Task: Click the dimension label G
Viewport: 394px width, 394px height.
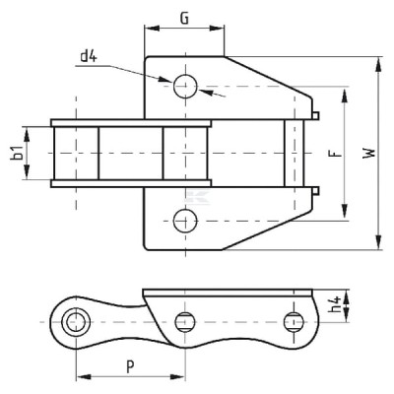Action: click(x=185, y=19)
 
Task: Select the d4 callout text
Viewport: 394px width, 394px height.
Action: click(x=89, y=56)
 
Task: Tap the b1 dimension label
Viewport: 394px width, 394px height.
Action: click(x=18, y=154)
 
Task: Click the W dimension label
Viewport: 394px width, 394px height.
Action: click(x=368, y=154)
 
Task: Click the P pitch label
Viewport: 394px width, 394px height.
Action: click(x=130, y=366)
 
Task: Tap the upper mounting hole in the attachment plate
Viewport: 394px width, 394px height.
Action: click(x=185, y=87)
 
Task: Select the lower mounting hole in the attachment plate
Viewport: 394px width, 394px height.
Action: click(x=185, y=221)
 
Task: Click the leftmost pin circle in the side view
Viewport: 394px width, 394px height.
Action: click(x=76, y=322)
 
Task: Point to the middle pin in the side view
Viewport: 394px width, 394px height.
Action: click(x=185, y=322)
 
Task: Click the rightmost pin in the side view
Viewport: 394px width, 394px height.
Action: click(x=294, y=322)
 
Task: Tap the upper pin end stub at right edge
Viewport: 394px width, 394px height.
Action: click(x=315, y=115)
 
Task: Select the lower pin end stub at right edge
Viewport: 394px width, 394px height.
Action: click(x=315, y=191)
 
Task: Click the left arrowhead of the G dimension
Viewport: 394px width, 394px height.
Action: click(x=152, y=29)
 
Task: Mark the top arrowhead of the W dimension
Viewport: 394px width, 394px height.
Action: click(x=378, y=64)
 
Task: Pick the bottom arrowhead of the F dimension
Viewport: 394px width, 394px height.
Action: click(x=345, y=211)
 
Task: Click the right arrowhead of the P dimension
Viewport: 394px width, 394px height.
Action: click(x=176, y=376)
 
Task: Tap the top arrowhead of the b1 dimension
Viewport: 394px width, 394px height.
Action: click(x=27, y=135)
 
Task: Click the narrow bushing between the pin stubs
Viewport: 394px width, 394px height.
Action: click(x=295, y=154)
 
